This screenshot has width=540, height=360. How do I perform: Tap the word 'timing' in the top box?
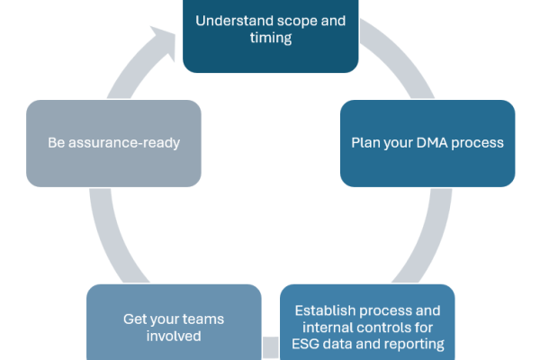tap(271, 38)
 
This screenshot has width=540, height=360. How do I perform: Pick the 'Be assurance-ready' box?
tap(113, 143)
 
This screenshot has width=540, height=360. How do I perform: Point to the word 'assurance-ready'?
tap(124, 143)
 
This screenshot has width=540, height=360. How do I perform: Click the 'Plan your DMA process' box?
tap(427, 143)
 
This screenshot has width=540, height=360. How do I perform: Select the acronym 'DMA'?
tap(432, 142)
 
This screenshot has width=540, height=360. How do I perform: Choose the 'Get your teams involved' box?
tap(174, 322)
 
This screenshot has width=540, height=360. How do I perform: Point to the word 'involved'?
tap(174, 336)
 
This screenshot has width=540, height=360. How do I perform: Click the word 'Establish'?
tap(325, 310)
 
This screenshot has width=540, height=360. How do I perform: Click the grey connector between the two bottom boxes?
tap(271, 347)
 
